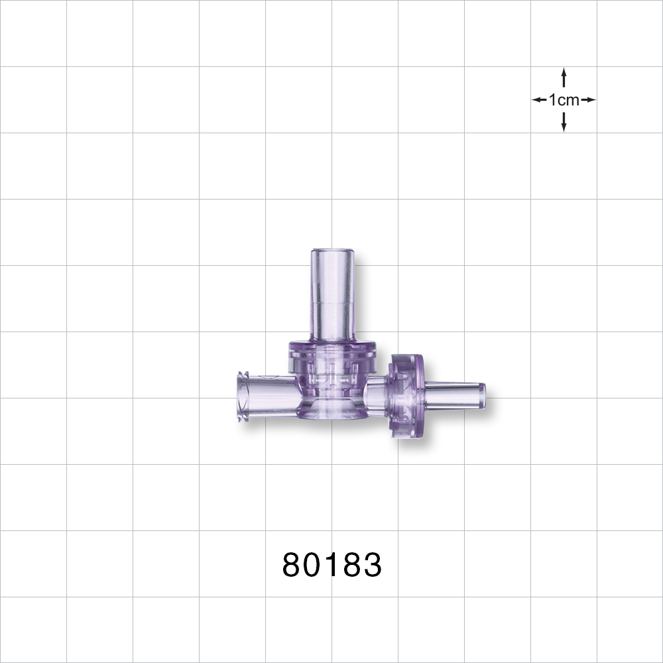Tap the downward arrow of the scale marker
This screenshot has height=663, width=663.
tap(564, 122)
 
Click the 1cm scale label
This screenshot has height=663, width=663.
tap(564, 100)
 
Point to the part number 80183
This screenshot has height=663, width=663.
tap(332, 566)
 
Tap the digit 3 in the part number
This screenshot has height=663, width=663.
tap(372, 566)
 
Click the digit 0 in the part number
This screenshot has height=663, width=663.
tap(313, 566)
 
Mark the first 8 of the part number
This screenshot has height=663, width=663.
tap(292, 566)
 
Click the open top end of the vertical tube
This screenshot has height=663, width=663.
tap(332, 251)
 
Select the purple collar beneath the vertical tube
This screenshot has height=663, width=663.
tap(332, 350)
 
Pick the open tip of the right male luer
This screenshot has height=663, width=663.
tap(483, 396)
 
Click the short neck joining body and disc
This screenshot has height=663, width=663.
tap(377, 396)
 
